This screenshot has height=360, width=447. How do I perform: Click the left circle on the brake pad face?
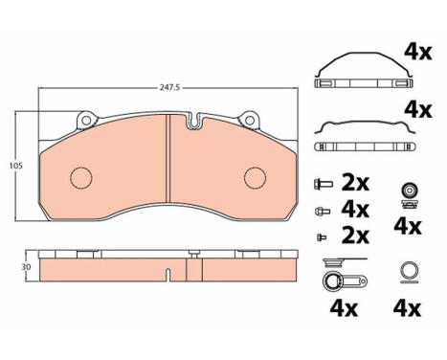(x=81, y=178)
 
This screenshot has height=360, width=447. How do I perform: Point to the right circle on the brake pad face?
(x=254, y=178)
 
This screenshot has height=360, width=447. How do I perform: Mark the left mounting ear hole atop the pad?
(x=84, y=122)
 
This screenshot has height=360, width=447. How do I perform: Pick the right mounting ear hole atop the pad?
(x=252, y=122)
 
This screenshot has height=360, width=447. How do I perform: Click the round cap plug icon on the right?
(x=409, y=193)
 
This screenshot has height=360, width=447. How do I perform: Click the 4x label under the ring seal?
(x=408, y=310)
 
